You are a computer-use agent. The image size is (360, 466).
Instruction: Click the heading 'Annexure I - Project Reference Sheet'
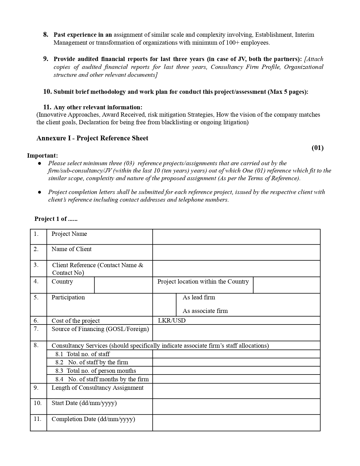coord(92,138)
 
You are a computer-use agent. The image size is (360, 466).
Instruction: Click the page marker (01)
coord(317,148)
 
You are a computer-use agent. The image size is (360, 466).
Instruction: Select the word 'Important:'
coord(42,156)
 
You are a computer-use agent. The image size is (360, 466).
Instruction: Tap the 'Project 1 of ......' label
coord(56,219)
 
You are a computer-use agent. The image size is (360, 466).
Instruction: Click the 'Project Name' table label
coord(69,234)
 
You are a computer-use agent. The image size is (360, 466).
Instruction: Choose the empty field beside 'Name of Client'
coord(236,252)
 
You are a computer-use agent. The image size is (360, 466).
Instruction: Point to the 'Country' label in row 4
coord(62,282)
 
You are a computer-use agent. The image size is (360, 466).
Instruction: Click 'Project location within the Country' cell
coord(203,282)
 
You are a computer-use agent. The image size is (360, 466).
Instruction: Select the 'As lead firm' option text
coord(199,297)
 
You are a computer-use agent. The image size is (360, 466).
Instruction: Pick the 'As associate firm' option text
coord(205,311)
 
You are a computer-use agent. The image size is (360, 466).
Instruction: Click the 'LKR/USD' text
coord(172,321)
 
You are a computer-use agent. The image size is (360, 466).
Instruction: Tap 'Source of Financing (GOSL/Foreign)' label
coord(100,329)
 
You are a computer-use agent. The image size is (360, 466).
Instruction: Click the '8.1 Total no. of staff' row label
coord(82,354)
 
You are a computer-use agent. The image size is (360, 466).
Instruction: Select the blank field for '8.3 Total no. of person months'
coord(236,371)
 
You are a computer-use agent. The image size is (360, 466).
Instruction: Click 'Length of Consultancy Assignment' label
coord(97,388)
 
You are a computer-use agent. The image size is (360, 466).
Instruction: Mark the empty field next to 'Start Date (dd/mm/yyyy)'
coord(236,406)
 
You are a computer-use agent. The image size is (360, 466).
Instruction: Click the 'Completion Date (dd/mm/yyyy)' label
coord(93,419)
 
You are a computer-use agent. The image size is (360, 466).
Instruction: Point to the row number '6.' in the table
coord(36,321)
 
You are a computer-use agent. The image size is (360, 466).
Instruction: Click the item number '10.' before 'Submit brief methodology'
coord(47,92)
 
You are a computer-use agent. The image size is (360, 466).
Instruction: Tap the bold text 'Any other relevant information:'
coord(98,107)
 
